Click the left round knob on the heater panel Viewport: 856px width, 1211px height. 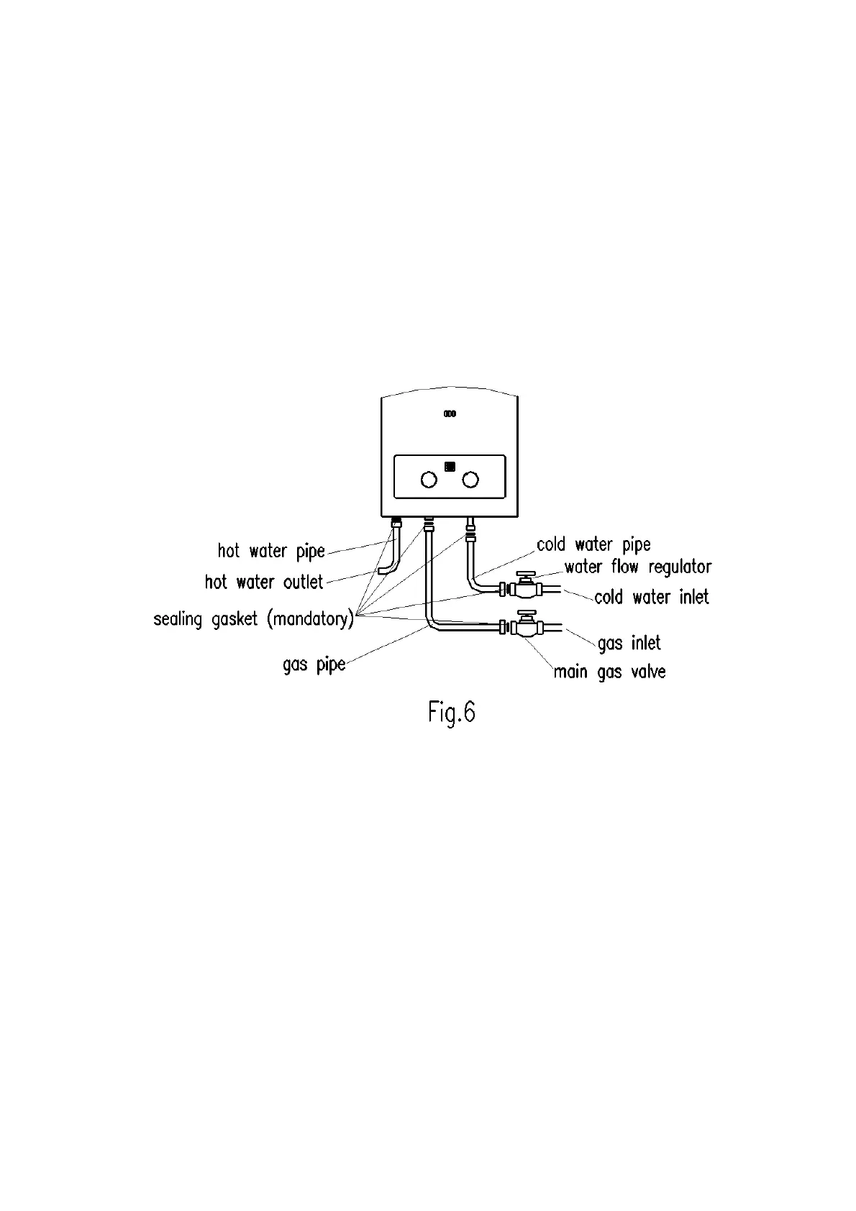tap(428, 480)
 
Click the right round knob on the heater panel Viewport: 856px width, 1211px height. tap(470, 480)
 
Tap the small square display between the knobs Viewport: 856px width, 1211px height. tap(450, 466)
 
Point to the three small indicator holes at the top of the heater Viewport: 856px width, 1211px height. tap(450, 414)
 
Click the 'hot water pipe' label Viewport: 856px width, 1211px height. tap(271, 552)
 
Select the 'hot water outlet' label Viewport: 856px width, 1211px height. tap(264, 582)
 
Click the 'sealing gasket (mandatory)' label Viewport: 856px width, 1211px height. tap(253, 619)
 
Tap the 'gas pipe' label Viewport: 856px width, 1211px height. tap(314, 664)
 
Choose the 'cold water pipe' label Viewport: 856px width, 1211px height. tap(593, 544)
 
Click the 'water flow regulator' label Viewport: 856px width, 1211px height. tap(637, 567)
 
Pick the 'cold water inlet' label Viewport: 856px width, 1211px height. tap(651, 597)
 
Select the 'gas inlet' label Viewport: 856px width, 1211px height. tap(629, 643)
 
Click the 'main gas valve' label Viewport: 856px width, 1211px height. tap(609, 672)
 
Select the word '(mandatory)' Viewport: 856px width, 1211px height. tap(310, 619)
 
